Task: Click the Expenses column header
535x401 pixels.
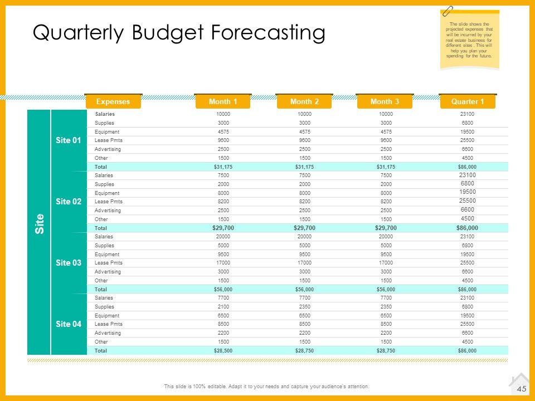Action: coord(113,101)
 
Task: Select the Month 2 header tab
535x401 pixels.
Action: coord(304,101)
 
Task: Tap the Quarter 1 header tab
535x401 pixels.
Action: coord(467,101)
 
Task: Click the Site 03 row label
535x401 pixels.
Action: coord(69,263)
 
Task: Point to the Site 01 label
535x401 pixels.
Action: coord(69,140)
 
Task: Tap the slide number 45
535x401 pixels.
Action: coord(522,389)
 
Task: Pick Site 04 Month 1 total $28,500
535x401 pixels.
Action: coord(222,351)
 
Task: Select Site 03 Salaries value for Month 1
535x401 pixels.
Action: coord(222,237)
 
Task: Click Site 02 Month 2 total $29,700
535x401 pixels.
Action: coord(304,228)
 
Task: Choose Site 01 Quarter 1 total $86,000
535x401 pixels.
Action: coord(467,167)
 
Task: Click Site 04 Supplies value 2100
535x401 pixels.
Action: coord(222,307)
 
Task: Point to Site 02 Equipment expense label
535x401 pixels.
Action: coord(107,193)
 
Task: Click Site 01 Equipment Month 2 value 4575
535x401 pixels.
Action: coord(304,131)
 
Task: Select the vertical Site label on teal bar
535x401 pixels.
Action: coord(39,223)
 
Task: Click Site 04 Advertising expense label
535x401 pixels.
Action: coord(108,333)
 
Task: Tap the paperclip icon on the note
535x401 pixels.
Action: coord(448,11)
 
